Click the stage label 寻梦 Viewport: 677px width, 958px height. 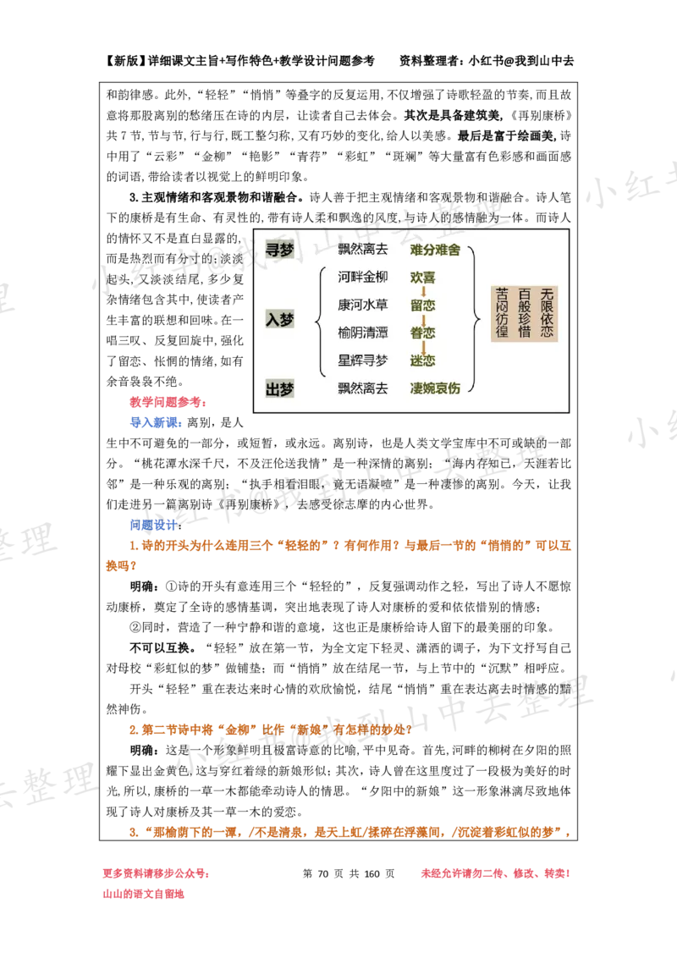coord(279,250)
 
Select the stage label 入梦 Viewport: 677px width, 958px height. coord(279,320)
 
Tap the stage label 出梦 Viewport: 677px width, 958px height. coord(279,388)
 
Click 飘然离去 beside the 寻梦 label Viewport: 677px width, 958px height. coord(362,250)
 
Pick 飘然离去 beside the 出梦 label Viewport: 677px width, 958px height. coord(362,388)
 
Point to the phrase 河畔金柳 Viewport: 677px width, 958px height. coord(362,277)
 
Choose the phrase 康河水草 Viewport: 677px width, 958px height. coord(362,305)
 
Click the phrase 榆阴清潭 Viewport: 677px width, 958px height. coord(362,333)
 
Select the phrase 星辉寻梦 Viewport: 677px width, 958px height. coord(362,361)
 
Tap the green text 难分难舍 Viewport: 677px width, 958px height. coord(435,250)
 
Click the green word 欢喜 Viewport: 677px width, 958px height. coord(422,277)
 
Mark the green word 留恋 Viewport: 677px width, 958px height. coord(422,305)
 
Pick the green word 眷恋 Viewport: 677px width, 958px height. coord(422,333)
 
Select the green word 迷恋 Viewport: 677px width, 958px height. coord(422,361)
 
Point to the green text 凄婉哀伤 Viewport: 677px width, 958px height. coord(435,388)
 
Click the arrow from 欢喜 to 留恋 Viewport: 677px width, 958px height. coord(422,291)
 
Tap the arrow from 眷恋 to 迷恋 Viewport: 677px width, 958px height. coord(422,347)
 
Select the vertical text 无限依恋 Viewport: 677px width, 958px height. coord(547,313)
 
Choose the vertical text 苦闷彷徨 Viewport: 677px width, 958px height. coord(503,313)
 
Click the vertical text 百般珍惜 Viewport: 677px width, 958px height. coord(525,313)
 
